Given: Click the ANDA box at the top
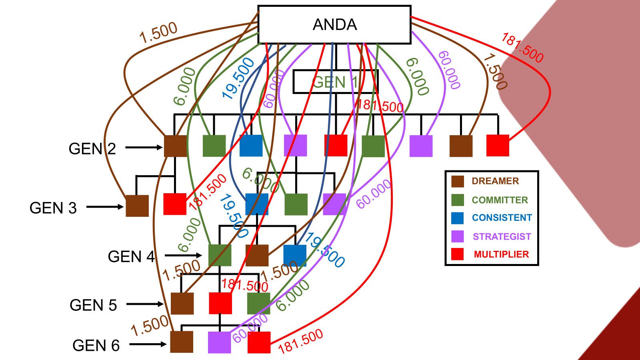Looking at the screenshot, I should pyautogui.click(x=334, y=24).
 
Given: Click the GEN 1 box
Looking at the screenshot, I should pyautogui.click(x=335, y=82).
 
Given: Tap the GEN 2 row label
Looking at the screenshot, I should pyautogui.click(x=92, y=149).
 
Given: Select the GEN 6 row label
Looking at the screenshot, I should pyautogui.click(x=96, y=345).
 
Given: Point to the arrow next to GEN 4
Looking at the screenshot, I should pyautogui.click(x=183, y=255).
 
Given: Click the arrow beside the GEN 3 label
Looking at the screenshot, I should pyautogui.click(x=105, y=207).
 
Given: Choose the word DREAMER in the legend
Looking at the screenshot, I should pyautogui.click(x=495, y=181).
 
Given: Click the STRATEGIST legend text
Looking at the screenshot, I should pyautogui.click(x=502, y=236).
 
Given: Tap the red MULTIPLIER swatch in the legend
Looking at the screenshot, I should pyautogui.click(x=457, y=254).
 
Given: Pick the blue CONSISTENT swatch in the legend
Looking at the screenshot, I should pyautogui.click(x=457, y=218).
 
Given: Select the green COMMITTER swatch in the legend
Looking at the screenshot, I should pyautogui.click(x=457, y=200).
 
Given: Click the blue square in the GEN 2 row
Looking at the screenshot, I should pyautogui.click(x=251, y=146).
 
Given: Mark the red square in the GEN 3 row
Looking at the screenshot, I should pyautogui.click(x=175, y=204).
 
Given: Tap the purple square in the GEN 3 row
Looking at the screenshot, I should pyautogui.click(x=334, y=204).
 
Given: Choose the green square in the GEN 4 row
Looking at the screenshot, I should pyautogui.click(x=220, y=255).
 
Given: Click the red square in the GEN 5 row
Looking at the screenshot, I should pyautogui.click(x=220, y=303).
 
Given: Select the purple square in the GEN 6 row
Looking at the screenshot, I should pyautogui.click(x=219, y=342).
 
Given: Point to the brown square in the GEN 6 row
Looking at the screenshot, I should pyautogui.click(x=182, y=342).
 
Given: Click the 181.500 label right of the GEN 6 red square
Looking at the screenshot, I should pyautogui.click(x=300, y=341).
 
